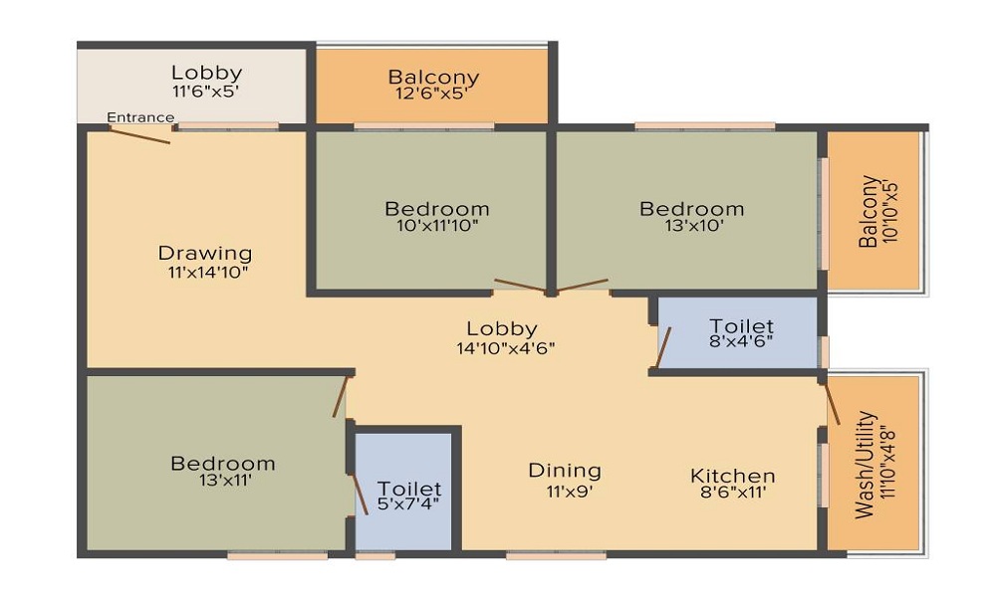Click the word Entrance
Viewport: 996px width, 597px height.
(x=140, y=117)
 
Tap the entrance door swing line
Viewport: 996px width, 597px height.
(x=139, y=135)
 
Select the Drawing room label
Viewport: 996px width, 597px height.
(x=205, y=253)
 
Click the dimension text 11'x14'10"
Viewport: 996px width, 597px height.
(x=207, y=273)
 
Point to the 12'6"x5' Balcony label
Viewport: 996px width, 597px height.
(x=433, y=78)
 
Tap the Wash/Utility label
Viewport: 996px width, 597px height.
(x=866, y=465)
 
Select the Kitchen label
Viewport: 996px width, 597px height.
(x=732, y=476)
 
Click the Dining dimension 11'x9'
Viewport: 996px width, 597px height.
(x=569, y=492)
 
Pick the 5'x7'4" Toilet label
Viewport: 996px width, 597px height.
(x=409, y=489)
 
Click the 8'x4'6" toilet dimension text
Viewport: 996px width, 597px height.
(x=741, y=341)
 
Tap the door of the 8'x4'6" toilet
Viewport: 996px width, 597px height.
(x=663, y=347)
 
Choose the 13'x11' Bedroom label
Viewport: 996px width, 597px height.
(x=223, y=463)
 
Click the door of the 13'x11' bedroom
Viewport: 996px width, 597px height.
(x=341, y=397)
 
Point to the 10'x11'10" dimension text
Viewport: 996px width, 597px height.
(x=437, y=225)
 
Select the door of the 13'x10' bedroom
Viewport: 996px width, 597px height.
(x=582, y=285)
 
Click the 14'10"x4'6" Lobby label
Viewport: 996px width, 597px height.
(x=502, y=328)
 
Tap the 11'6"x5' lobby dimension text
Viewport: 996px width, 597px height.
(x=206, y=91)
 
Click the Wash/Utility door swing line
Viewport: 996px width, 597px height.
(x=832, y=404)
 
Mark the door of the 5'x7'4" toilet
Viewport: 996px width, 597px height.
(x=360, y=494)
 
